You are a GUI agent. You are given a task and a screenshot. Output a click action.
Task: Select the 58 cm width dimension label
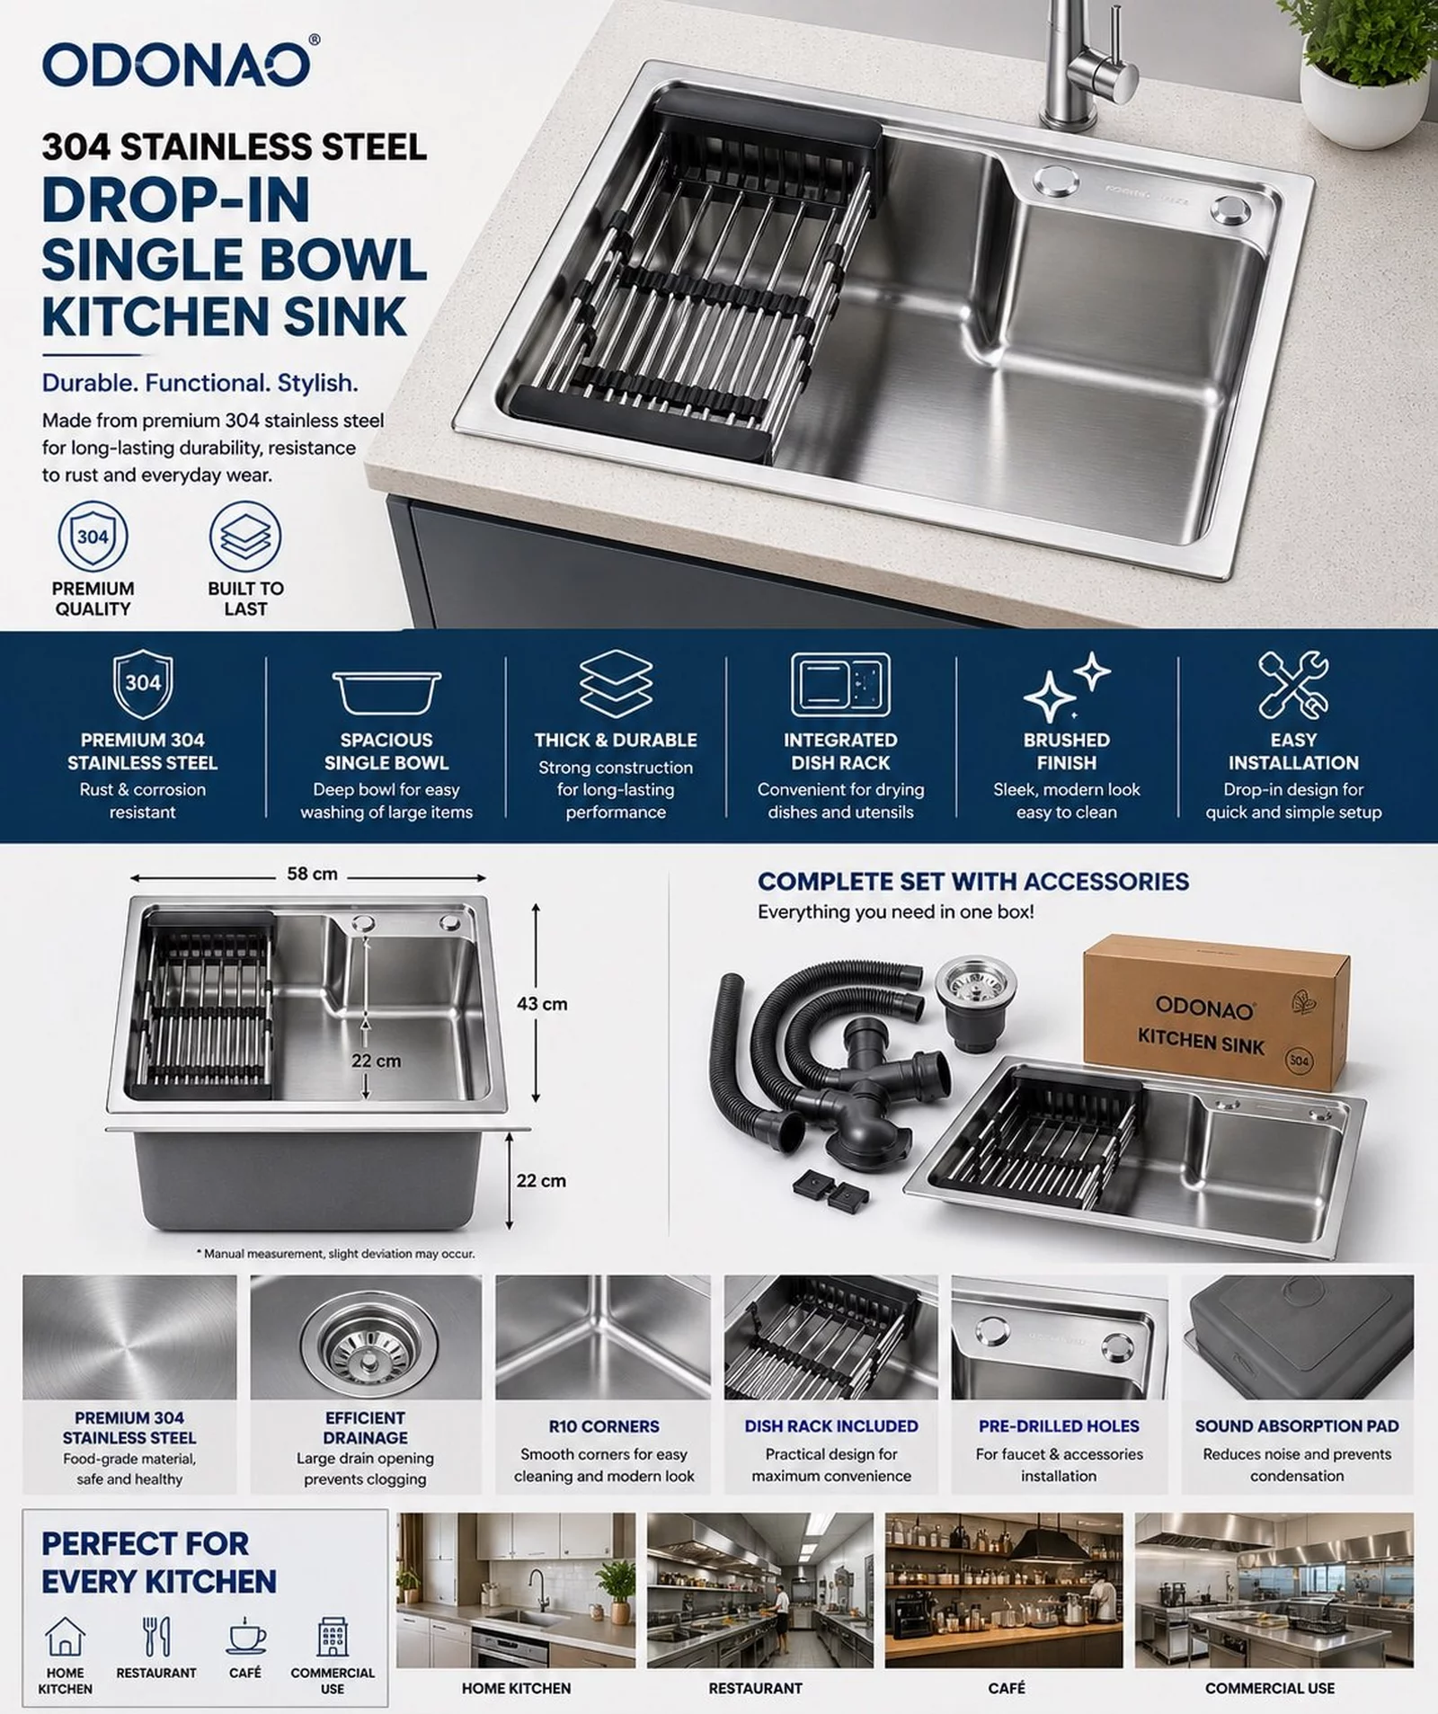click(x=312, y=874)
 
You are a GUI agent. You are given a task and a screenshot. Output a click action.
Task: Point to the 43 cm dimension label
click(x=542, y=1004)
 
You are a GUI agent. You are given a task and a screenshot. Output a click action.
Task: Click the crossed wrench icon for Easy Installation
click(x=1293, y=686)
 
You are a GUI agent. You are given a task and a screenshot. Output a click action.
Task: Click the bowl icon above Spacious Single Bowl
click(x=386, y=692)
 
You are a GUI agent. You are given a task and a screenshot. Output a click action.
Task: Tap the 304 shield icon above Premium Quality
click(x=93, y=537)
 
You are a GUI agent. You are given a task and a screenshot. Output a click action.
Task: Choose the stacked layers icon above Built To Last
click(x=245, y=537)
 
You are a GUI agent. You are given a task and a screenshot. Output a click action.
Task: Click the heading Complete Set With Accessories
click(x=973, y=882)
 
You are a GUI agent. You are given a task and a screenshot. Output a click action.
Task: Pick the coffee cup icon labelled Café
click(x=245, y=1636)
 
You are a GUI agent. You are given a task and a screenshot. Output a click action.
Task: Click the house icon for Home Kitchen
click(x=65, y=1636)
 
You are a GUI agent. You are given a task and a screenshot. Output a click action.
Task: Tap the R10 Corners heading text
click(x=604, y=1426)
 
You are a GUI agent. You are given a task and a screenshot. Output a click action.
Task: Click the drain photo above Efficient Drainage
click(x=366, y=1337)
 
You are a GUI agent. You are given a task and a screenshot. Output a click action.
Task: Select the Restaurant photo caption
click(x=755, y=1688)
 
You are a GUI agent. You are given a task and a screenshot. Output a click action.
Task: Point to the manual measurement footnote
click(x=335, y=1253)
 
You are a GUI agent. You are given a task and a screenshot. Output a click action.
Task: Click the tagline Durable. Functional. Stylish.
click(x=200, y=384)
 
